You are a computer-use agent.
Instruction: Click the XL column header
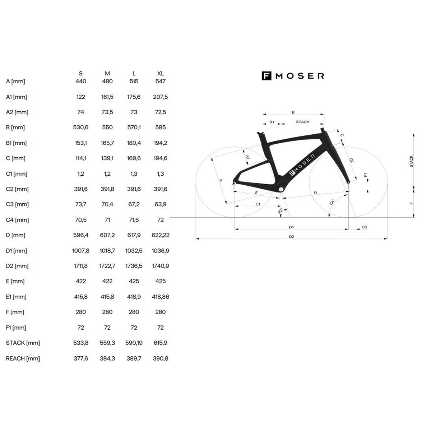tap(160, 73)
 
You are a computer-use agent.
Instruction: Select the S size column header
tap(81, 73)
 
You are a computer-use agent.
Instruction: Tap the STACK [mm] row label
tap(23, 343)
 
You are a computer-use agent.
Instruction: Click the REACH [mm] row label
tap(23, 358)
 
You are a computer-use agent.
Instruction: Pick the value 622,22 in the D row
tap(160, 235)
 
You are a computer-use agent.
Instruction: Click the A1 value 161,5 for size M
tap(107, 97)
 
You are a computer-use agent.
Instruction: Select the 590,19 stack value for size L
tap(134, 343)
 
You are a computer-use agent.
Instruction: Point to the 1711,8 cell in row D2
tap(81, 266)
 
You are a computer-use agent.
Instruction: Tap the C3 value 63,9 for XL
tap(160, 204)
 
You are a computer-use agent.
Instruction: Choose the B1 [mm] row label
tap(16, 143)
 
